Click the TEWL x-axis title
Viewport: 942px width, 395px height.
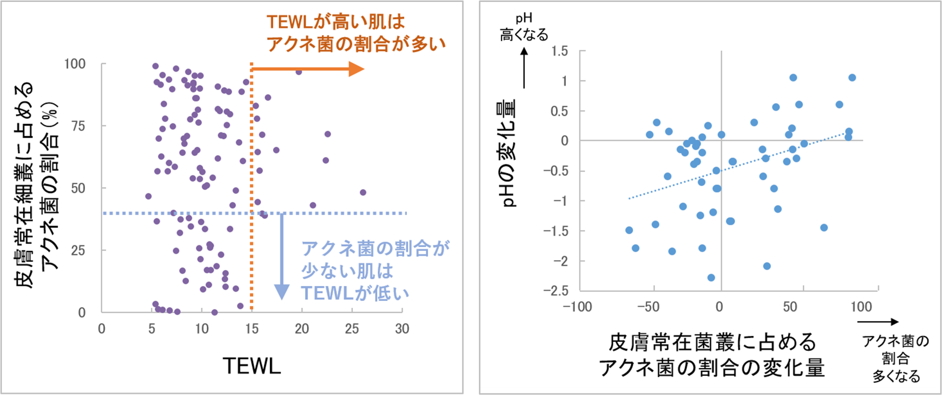(252, 366)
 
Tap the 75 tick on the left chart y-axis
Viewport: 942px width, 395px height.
(78, 126)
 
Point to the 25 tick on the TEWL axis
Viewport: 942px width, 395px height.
(351, 329)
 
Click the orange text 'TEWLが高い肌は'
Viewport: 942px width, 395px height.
(335, 22)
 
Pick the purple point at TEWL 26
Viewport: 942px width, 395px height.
(363, 192)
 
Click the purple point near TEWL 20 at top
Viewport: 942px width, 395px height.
(299, 72)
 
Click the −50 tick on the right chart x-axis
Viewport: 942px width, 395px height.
(648, 307)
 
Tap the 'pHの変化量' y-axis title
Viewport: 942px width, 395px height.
(508, 153)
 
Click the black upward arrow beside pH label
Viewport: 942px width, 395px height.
(524, 68)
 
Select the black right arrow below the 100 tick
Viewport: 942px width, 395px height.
(878, 322)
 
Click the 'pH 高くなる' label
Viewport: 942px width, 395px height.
(524, 27)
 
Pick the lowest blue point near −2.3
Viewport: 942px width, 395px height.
(711, 278)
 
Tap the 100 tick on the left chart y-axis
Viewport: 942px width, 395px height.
(75, 64)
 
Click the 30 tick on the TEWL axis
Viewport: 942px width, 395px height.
(402, 329)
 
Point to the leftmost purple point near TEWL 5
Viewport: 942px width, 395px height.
(148, 196)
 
